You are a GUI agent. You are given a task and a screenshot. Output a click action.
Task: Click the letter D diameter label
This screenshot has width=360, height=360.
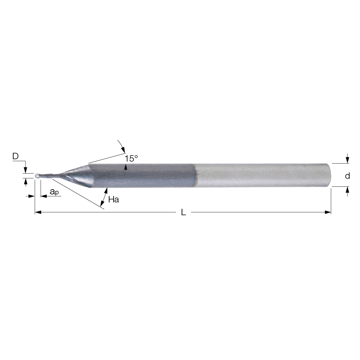click(x=15, y=156)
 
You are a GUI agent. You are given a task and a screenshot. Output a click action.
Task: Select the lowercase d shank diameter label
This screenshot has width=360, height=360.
click(x=347, y=176)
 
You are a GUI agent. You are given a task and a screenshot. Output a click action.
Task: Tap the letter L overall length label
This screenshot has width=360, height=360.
click(x=183, y=212)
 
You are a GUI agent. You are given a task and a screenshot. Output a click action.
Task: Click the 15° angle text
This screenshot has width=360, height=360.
click(x=131, y=158)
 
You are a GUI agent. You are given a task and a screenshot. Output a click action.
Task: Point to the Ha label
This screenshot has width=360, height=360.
click(x=114, y=200)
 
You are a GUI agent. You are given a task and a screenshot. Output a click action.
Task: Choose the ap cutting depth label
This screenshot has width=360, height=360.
click(x=54, y=192)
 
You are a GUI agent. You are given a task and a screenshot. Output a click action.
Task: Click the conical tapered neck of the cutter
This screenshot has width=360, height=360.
click(x=76, y=176)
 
